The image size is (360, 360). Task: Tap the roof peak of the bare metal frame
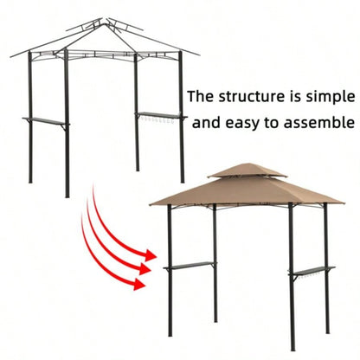point(104,19)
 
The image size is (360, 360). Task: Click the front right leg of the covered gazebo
point(292,286)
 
